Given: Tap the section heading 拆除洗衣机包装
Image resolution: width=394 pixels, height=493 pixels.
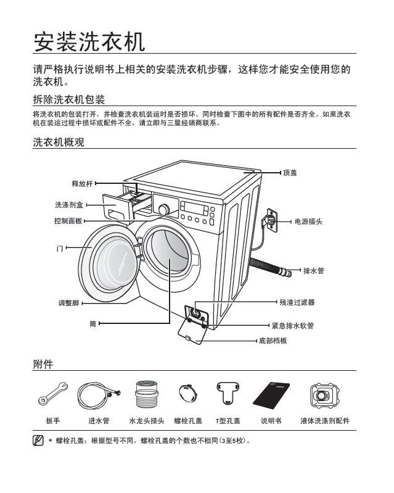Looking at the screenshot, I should click(68, 100).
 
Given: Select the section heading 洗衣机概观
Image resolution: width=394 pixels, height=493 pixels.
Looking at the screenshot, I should click(58, 143).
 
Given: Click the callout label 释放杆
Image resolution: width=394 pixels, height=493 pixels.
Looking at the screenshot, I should click(82, 183).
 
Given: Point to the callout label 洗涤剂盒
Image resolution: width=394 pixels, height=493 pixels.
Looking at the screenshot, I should click(69, 204).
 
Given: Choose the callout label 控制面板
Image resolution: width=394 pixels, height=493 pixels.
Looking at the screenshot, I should click(68, 221).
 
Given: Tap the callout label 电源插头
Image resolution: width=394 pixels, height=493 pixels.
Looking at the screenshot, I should click(309, 221).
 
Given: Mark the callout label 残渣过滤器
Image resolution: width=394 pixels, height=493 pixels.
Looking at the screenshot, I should click(297, 302).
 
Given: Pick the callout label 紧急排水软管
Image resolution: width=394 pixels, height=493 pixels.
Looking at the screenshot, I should click(293, 325).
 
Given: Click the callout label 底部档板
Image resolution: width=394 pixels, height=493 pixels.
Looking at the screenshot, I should click(273, 341).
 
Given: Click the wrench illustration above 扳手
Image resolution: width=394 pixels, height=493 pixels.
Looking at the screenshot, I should click(52, 396).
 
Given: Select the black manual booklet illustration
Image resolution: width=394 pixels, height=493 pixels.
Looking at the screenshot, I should click(270, 394).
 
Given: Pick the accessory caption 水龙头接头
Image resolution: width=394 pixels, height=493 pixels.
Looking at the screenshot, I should click(146, 421).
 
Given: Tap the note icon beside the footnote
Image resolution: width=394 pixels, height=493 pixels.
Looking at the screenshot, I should click(37, 441).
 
